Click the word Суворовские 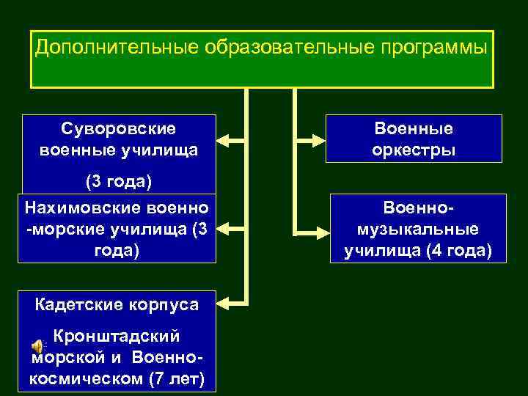119,129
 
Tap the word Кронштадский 117,336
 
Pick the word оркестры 414,150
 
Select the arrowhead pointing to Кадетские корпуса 225,299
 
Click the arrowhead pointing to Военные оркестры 320,138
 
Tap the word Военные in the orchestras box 414,129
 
